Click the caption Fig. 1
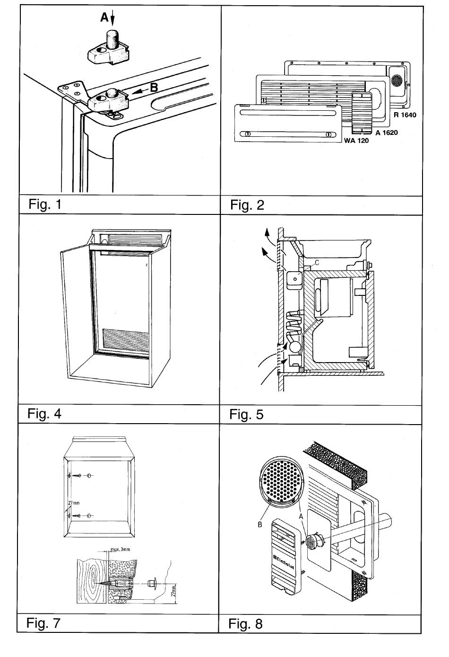click(x=45, y=204)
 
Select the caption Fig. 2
click(x=247, y=205)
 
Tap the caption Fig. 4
click(x=44, y=414)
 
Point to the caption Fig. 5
click(x=246, y=415)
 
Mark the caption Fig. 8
click(x=245, y=623)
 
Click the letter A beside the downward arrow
click(x=104, y=18)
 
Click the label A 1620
click(x=386, y=133)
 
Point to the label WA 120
click(x=355, y=141)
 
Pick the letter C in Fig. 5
click(x=317, y=262)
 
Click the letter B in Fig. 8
click(x=260, y=524)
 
